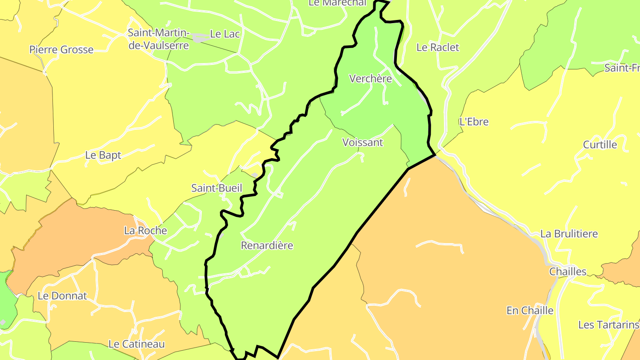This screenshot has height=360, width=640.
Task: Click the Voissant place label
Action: pos(363,143)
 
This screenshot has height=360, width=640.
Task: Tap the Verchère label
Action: pos(371,79)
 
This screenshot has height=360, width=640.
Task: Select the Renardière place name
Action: pos(267,245)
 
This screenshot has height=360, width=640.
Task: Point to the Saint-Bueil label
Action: pos(217,188)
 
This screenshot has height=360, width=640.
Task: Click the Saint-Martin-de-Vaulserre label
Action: pos(159,39)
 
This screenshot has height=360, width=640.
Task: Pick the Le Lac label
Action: pos(225,34)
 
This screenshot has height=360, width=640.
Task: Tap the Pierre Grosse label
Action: pos(61,49)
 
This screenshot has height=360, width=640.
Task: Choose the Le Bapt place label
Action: pos(103,155)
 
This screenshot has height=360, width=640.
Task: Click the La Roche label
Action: pos(145,231)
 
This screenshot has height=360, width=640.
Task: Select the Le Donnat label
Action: pos(62,296)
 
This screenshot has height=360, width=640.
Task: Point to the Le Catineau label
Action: pos(136,344)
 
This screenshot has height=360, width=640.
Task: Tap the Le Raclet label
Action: pos(438,47)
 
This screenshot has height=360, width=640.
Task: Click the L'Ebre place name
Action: pos(474,122)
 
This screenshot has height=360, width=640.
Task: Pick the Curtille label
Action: pos(600,144)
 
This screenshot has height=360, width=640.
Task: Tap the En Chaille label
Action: pos(530,310)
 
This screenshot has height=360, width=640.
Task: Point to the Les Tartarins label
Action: pos(608,325)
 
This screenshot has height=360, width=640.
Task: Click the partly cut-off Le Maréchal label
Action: pos(337,3)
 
